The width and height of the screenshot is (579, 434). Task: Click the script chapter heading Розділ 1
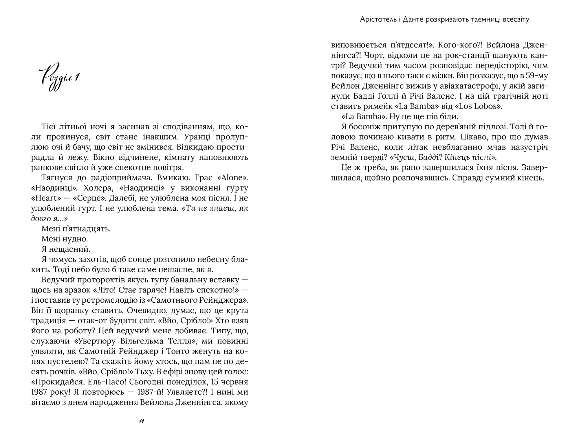click(x=61, y=77)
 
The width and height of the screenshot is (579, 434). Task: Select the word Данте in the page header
click(x=411, y=19)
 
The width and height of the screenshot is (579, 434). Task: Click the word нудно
click(x=76, y=239)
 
